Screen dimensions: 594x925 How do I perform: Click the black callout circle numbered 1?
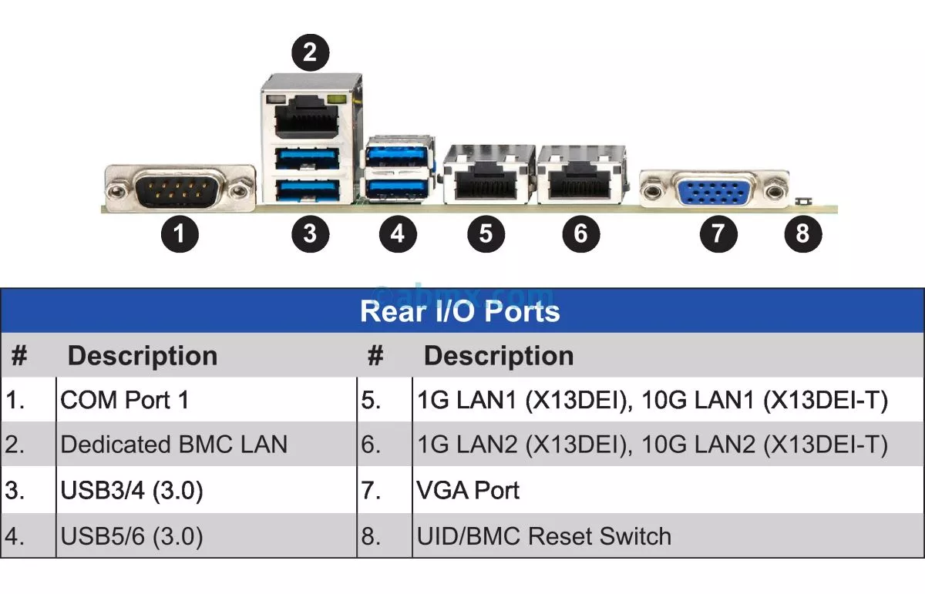tap(180, 232)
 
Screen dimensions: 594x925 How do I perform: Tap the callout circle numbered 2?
tap(310, 52)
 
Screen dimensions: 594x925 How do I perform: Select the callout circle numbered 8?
tap(802, 232)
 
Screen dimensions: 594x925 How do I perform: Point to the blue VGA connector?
tap(715, 188)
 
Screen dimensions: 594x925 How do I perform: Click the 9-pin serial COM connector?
tap(178, 187)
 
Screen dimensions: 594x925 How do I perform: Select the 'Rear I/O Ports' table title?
tap(460, 311)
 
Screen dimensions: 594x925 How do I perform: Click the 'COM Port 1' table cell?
tap(124, 400)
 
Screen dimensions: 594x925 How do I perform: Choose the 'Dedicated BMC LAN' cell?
tap(173, 445)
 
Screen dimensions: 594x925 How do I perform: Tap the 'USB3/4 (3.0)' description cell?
tap(132, 491)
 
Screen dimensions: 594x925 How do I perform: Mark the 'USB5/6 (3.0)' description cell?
tap(132, 536)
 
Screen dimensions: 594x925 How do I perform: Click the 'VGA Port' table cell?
tap(468, 491)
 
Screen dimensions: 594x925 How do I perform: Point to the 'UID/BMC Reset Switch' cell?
tap(543, 536)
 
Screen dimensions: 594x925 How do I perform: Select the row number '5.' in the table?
tap(372, 400)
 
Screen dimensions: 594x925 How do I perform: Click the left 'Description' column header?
tap(143, 356)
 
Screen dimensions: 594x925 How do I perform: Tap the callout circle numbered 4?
tap(397, 232)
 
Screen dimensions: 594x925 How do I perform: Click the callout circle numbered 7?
tap(718, 232)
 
